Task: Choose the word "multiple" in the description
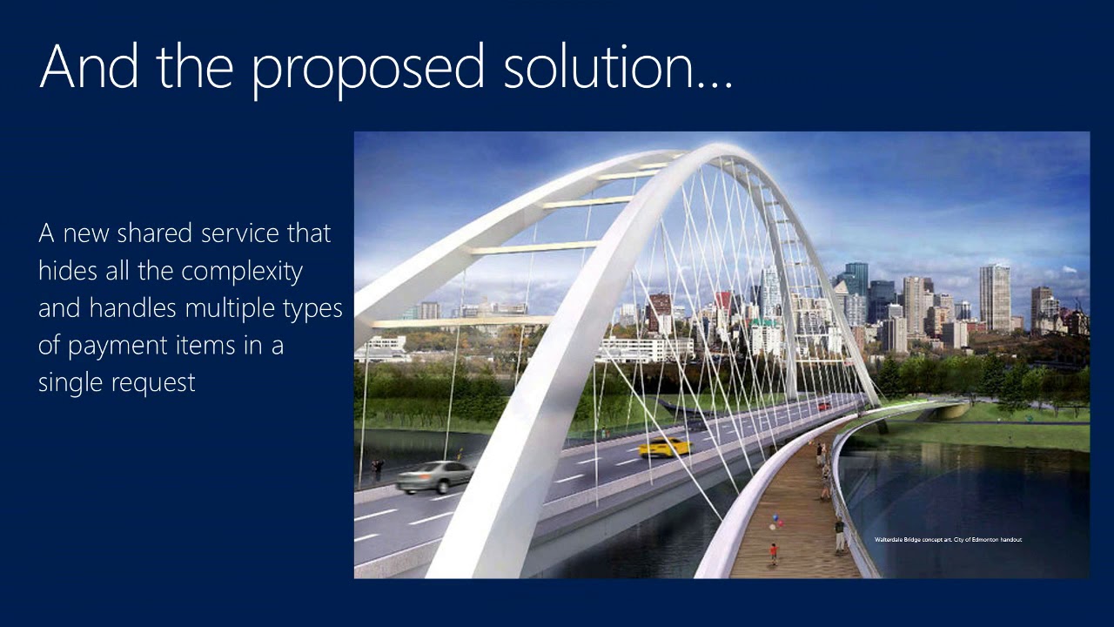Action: pyautogui.click(x=229, y=308)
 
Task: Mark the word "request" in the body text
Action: pyautogui.click(x=155, y=384)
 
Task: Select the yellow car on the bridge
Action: pyautogui.click(x=665, y=448)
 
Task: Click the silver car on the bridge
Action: pyautogui.click(x=434, y=476)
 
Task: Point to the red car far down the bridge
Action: pyautogui.click(x=823, y=406)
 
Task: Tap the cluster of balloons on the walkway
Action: pyautogui.click(x=775, y=522)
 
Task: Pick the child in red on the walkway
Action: pyautogui.click(x=773, y=553)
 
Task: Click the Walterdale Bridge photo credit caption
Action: pyautogui.click(x=948, y=540)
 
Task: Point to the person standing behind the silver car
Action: pyautogui.click(x=377, y=469)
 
